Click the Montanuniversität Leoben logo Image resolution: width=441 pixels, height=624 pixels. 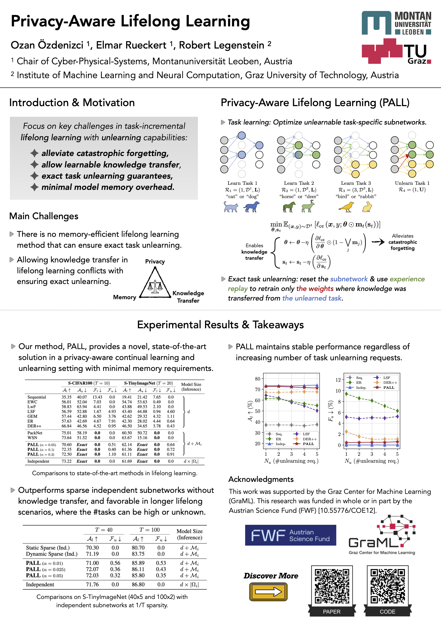[x=396, y=23]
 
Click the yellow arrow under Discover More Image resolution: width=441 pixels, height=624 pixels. [x=268, y=592]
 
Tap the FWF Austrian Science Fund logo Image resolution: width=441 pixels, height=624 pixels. [x=290, y=535]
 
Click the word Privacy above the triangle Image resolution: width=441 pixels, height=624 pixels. [x=155, y=261]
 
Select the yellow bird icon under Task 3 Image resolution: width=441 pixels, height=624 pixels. [x=346, y=207]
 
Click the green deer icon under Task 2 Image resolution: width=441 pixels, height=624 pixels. [x=308, y=206]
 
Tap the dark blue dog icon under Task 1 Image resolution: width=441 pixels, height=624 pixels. [x=252, y=207]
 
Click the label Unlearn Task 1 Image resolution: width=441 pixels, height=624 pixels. [x=412, y=183]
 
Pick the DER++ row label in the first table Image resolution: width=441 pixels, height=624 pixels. [x=34, y=426]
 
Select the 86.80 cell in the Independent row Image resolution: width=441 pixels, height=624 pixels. [x=138, y=584]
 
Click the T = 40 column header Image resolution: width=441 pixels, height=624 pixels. [x=103, y=530]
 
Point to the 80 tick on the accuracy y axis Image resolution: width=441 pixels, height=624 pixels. [x=257, y=379]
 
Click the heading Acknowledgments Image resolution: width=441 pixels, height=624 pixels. [x=261, y=479]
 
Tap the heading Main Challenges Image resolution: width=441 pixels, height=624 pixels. [x=44, y=216]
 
